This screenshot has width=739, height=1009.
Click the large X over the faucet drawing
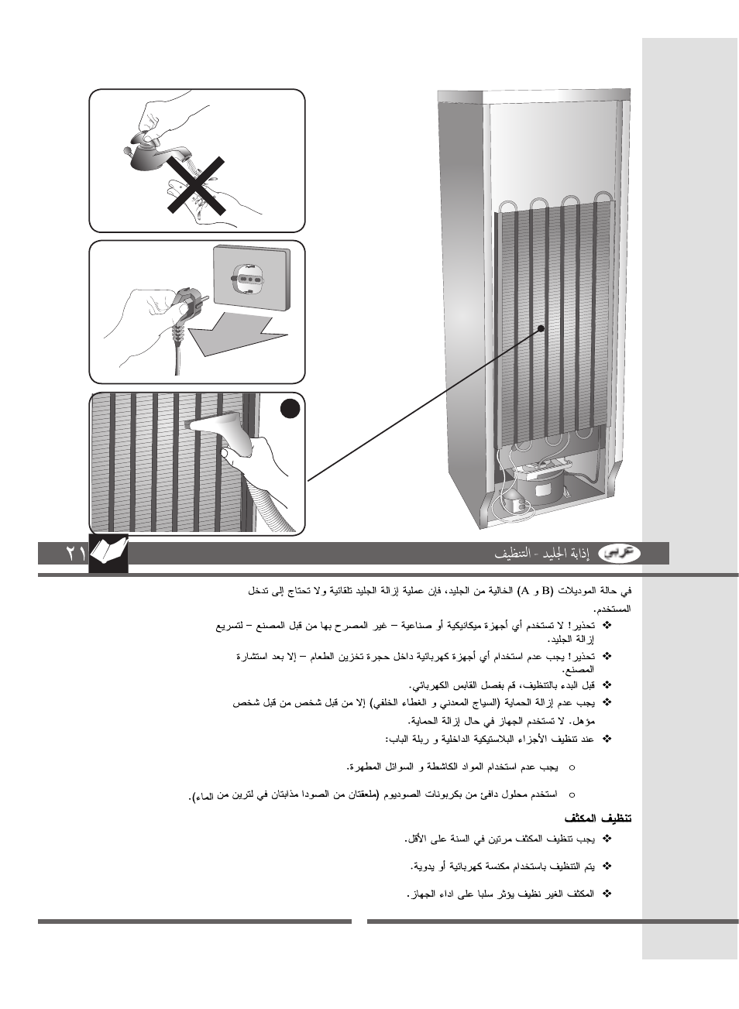coord(198,185)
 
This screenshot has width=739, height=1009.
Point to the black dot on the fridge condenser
coord(541,328)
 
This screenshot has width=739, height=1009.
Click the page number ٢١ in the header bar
coord(75,554)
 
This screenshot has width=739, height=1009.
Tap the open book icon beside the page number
coord(108,552)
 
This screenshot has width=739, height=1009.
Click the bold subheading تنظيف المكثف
coord(598,819)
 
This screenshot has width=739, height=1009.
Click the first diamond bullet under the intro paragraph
coord(607,625)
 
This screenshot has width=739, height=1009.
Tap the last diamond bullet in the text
coord(607,894)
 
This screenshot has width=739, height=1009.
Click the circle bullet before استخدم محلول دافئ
coord(572,795)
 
